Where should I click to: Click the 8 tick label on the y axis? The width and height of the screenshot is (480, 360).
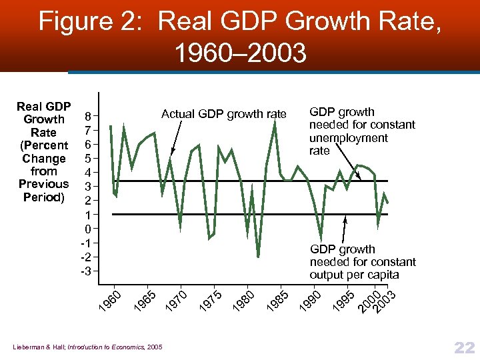point(87,116)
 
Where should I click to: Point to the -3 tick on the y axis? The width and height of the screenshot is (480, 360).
point(85,271)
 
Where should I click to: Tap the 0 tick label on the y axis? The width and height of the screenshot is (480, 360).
point(87,229)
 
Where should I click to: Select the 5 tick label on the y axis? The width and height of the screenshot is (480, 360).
point(87,159)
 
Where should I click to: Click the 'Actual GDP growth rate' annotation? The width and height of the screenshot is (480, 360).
point(223,114)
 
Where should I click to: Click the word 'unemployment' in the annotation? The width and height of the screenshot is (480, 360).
point(348,138)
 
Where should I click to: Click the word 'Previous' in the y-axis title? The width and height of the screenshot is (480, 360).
point(44,184)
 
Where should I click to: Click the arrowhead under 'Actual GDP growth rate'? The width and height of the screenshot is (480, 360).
point(171,153)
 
